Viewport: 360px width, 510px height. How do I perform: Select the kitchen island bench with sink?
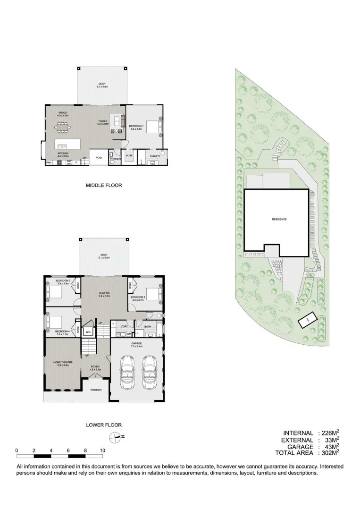(68, 144)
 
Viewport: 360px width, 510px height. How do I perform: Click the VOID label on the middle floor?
(99, 158)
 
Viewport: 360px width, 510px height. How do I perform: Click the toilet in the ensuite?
(161, 153)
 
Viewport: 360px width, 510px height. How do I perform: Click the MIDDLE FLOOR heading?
(104, 186)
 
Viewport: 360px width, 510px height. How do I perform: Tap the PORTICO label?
(96, 390)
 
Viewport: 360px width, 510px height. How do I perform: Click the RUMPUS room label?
(104, 293)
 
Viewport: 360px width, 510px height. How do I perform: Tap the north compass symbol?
(115, 437)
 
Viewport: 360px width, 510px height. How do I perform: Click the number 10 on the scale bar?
(102, 450)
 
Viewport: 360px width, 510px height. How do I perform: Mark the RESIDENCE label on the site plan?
(279, 219)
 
